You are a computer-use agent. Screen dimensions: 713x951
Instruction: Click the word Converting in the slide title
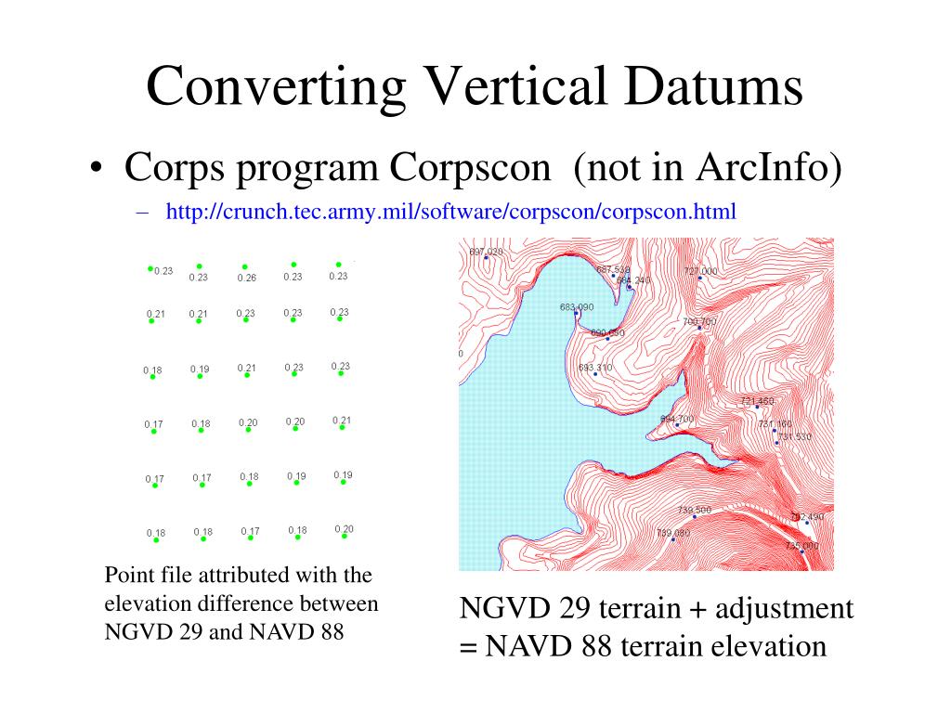pyautogui.click(x=276, y=88)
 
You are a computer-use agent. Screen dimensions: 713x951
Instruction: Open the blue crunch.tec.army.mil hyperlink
pyautogui.click(x=450, y=212)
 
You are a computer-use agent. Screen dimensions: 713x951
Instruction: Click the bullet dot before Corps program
pyautogui.click(x=96, y=170)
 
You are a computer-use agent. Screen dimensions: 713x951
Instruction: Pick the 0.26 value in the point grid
pyautogui.click(x=246, y=278)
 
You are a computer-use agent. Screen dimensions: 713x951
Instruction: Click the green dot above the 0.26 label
pyautogui.click(x=245, y=266)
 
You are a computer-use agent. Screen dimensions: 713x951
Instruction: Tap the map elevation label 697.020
pyautogui.click(x=486, y=252)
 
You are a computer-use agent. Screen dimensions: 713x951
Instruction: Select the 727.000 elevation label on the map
pyautogui.click(x=700, y=271)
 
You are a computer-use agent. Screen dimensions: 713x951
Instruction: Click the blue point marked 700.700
pyautogui.click(x=699, y=328)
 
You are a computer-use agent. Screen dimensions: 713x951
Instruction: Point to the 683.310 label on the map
pyautogui.click(x=595, y=368)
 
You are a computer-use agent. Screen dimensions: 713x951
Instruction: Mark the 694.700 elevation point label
pyautogui.click(x=677, y=420)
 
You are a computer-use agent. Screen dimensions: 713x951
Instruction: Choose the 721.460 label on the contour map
pyautogui.click(x=757, y=401)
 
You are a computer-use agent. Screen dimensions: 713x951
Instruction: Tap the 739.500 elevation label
pyautogui.click(x=694, y=510)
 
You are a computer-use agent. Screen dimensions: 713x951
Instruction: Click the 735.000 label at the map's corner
pyautogui.click(x=801, y=546)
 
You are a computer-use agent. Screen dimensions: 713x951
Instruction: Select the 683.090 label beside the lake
pyautogui.click(x=577, y=306)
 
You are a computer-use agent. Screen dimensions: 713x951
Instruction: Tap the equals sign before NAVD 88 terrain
pyautogui.click(x=466, y=646)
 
